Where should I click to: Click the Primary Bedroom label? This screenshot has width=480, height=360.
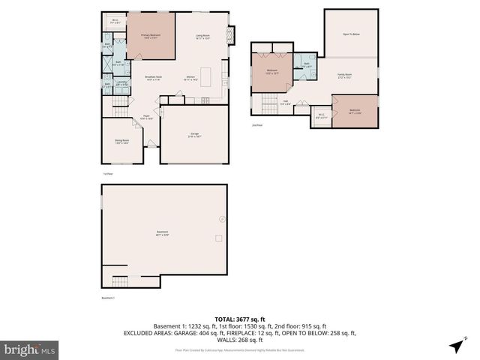(x=151, y=36)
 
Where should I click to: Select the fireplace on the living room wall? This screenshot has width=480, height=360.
(x=231, y=34)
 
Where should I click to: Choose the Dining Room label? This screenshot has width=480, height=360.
(x=121, y=141)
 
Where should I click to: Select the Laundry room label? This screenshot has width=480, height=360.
(x=121, y=84)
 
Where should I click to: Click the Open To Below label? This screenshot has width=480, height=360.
(x=351, y=34)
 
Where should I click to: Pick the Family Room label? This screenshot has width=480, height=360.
(x=345, y=76)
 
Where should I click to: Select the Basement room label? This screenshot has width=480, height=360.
(x=162, y=232)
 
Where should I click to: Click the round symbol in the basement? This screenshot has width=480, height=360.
(x=221, y=219)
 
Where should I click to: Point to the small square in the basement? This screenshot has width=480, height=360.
(x=218, y=238)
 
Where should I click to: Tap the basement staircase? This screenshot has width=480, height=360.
(x=120, y=282)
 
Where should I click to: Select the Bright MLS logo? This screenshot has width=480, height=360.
(x=30, y=349)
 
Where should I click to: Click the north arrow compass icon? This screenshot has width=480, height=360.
(x=455, y=346)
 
